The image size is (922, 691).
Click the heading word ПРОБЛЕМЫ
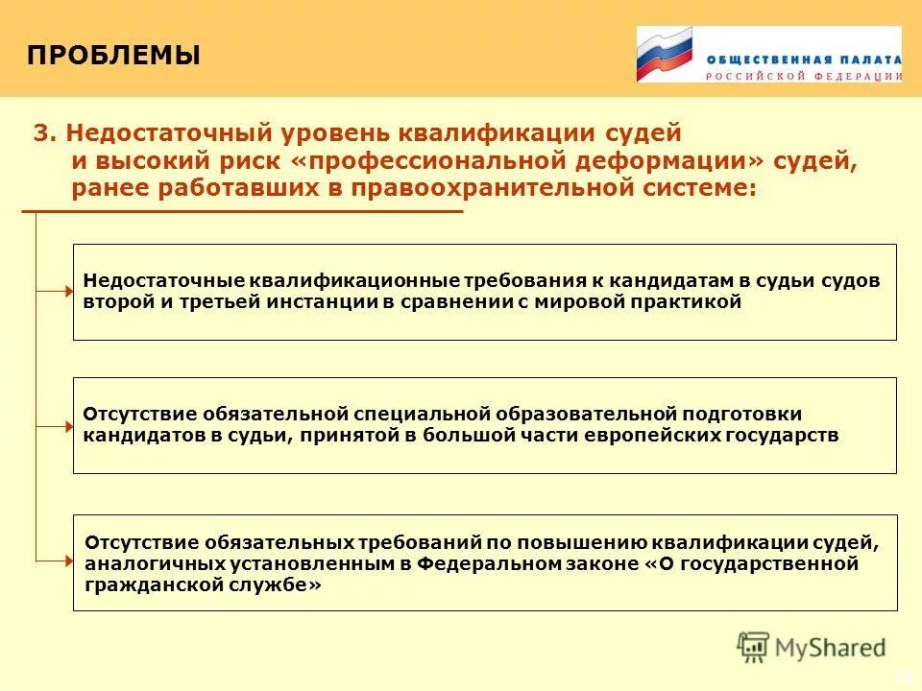[x=113, y=56]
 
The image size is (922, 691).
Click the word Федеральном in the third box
[x=492, y=563]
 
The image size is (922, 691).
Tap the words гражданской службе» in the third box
[x=203, y=584]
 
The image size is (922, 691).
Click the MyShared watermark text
[x=831, y=648]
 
